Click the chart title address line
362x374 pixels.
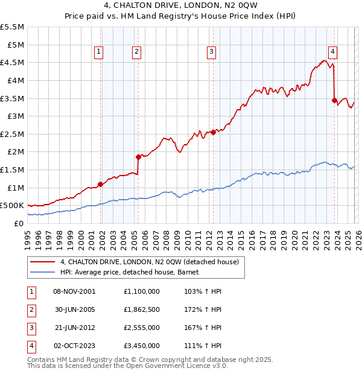coord(180,7)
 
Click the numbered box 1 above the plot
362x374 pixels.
coord(99,52)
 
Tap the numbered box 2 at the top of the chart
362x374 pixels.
coord(138,52)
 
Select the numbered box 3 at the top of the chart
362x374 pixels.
coord(212,52)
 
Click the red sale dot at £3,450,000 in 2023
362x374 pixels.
coord(334,100)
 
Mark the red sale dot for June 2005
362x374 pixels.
coord(138,157)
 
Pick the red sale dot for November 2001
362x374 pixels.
coord(100,184)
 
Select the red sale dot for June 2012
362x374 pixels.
coord(213,132)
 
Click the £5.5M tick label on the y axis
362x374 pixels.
coord(13,27)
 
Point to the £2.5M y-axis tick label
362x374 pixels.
coord(13,134)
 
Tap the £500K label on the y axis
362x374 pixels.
coord(13,206)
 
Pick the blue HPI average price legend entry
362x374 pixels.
coord(133,272)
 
